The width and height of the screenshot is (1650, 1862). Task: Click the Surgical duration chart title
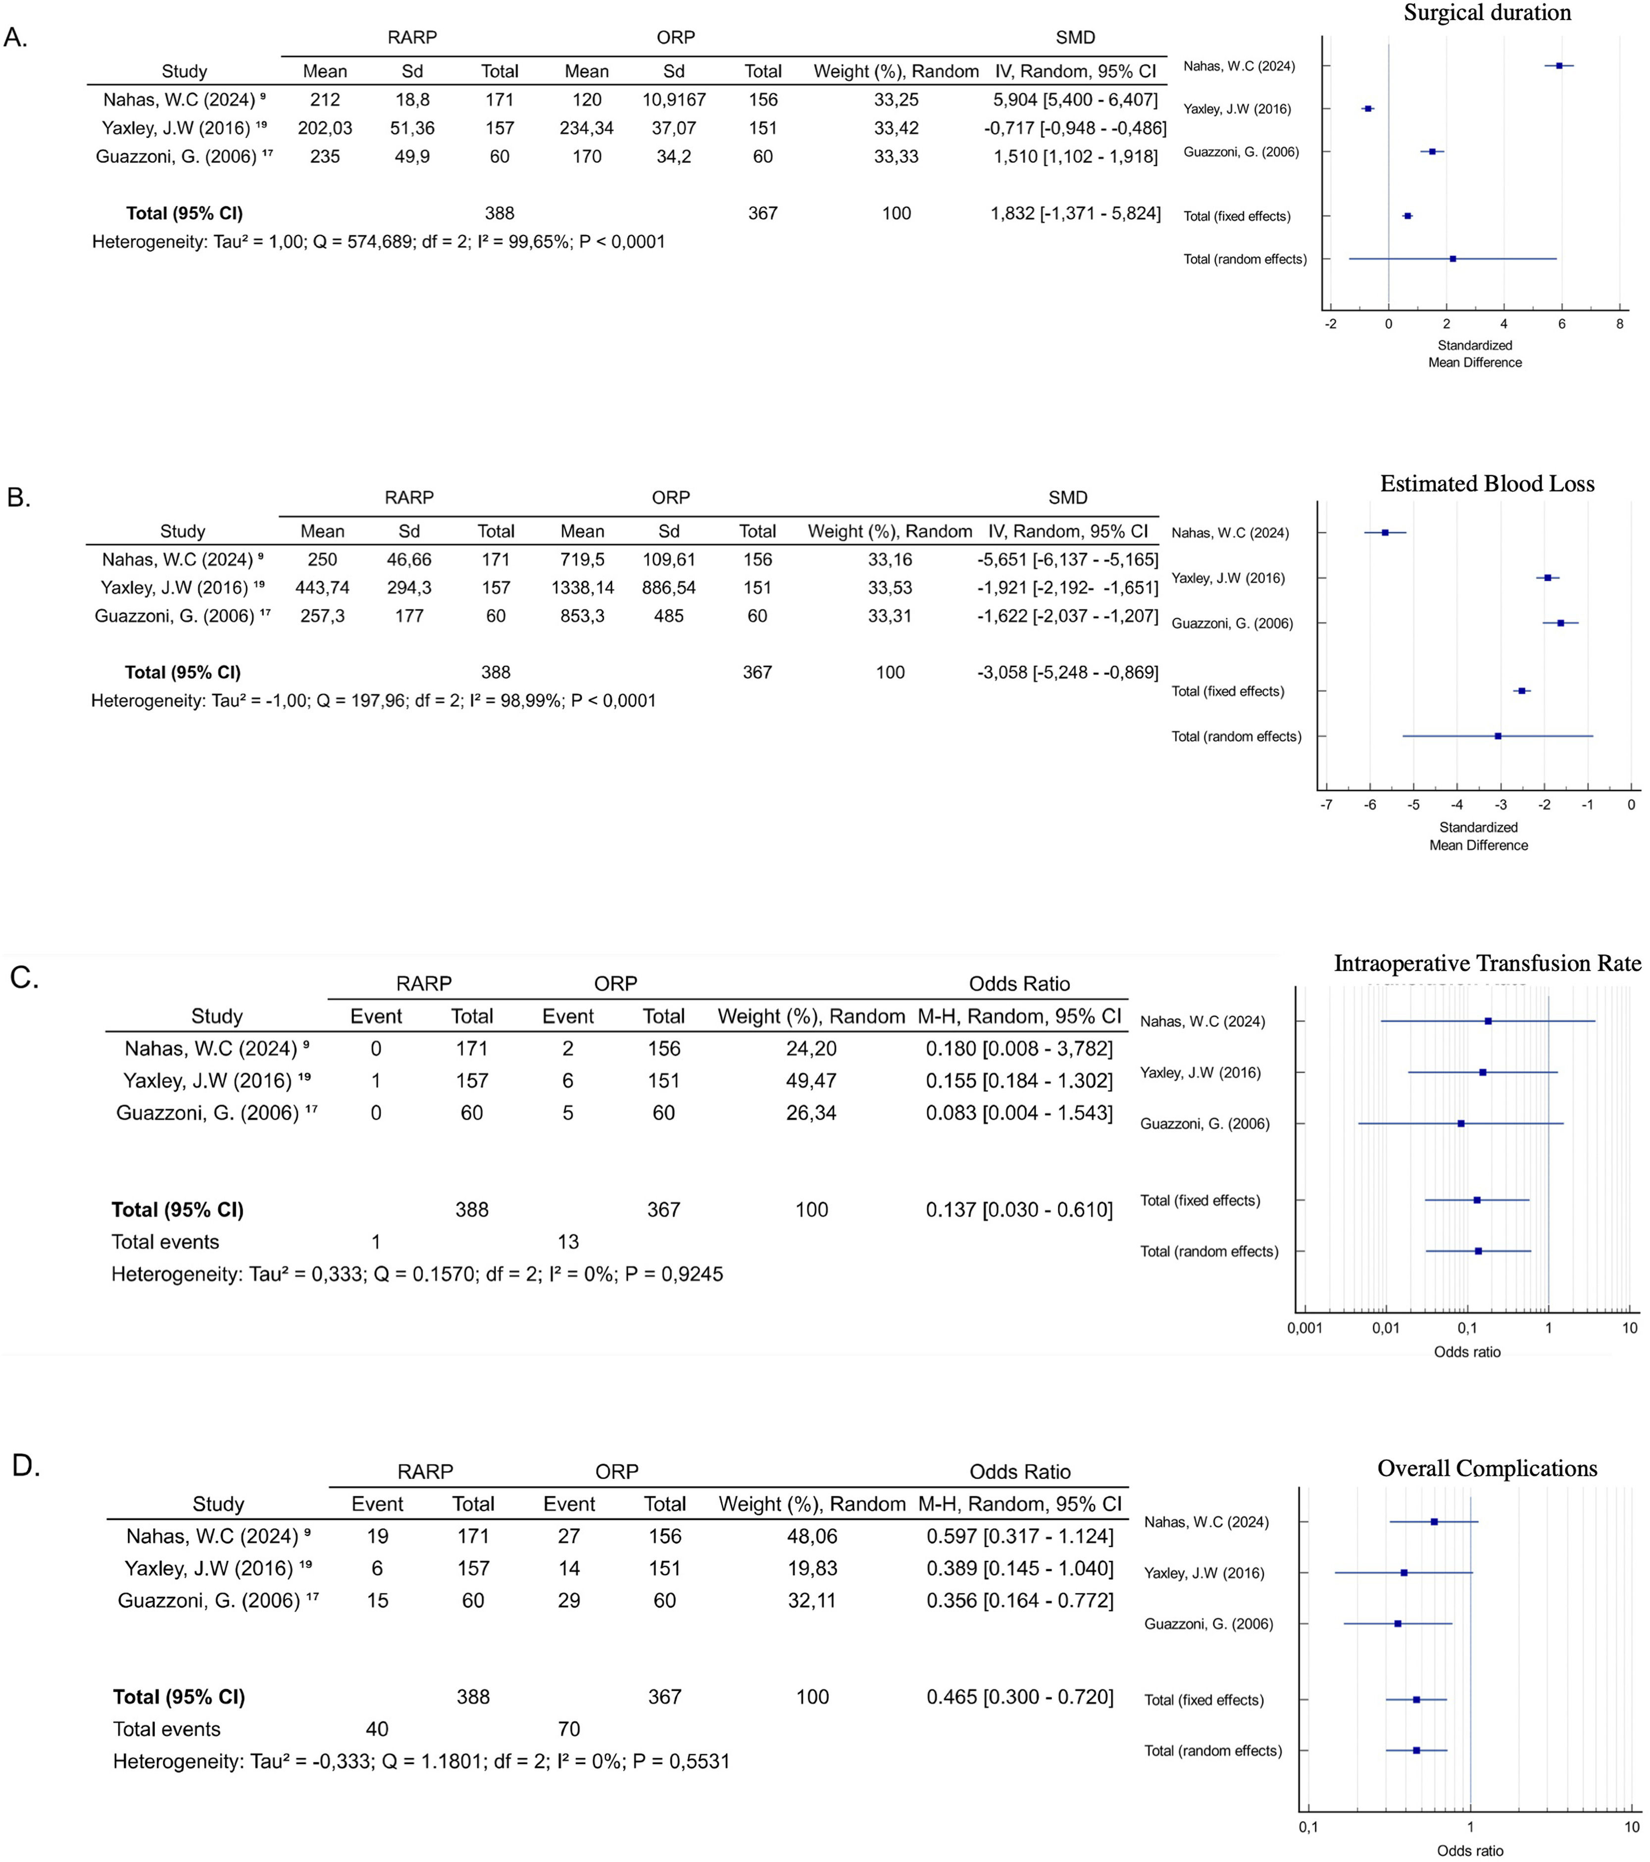[1487, 13]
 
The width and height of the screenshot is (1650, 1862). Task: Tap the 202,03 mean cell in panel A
[324, 128]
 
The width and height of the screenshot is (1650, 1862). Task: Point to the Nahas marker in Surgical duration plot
[1559, 65]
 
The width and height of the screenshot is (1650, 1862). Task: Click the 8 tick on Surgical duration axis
[1619, 323]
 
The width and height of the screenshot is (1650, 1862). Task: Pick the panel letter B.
[18, 498]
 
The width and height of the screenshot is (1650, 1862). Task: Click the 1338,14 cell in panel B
[582, 588]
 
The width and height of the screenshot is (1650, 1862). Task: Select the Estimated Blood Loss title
[1487, 484]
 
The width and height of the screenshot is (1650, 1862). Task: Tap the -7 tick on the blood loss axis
[1327, 805]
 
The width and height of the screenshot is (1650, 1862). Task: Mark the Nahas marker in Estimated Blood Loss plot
[1385, 532]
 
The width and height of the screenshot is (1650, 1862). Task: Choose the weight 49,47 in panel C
[811, 1080]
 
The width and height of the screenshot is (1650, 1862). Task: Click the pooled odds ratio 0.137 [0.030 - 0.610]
[1019, 1210]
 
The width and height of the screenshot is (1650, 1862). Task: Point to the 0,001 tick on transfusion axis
[1304, 1328]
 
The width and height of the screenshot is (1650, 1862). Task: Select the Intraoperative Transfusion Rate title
[1487, 964]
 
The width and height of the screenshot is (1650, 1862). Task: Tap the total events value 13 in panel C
[568, 1242]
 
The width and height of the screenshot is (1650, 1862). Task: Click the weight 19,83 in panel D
[812, 1568]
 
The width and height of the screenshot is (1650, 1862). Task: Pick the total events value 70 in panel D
[568, 1729]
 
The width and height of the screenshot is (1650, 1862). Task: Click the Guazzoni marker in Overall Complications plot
[1398, 1623]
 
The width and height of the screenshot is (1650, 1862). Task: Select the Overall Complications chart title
[1487, 1468]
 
